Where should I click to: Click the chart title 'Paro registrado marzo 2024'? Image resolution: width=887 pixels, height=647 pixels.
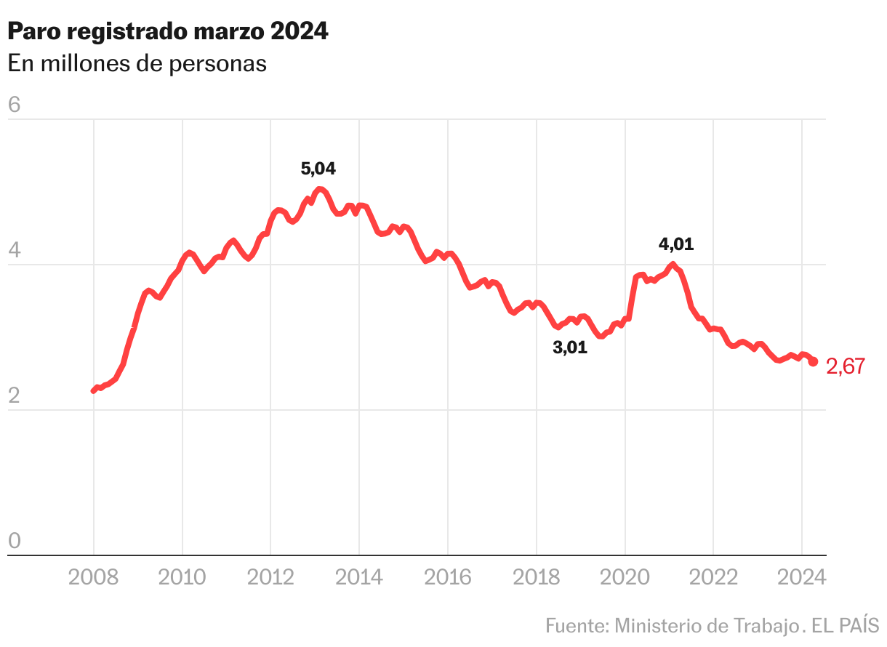[168, 31]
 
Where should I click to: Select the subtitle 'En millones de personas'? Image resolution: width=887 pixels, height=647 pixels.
[137, 64]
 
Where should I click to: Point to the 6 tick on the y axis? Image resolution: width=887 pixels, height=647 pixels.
[14, 105]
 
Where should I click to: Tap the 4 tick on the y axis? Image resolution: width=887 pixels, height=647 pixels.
[14, 252]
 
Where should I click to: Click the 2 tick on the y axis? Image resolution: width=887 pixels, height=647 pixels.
[14, 397]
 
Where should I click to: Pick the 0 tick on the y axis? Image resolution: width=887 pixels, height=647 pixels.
[14, 542]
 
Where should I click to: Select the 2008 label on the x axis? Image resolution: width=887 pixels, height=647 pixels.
[94, 577]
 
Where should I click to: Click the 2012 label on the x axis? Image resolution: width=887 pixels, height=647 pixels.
[270, 577]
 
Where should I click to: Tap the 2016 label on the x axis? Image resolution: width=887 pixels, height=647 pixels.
[448, 577]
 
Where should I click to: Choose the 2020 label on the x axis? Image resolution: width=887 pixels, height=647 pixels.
[625, 577]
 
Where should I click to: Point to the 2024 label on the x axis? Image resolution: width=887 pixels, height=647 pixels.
[801, 577]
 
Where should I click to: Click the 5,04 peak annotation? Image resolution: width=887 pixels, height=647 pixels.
[318, 169]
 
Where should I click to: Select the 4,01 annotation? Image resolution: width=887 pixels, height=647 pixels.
[676, 244]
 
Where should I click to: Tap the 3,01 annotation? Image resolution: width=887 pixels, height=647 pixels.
[570, 348]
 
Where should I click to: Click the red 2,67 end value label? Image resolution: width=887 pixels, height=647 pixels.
[846, 367]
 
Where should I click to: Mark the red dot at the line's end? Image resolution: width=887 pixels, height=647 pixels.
[814, 361]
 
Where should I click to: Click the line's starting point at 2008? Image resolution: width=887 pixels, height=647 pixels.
[94, 390]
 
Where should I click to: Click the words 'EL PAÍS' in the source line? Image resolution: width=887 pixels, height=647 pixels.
[845, 625]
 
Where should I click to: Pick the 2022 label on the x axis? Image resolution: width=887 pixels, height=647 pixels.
[713, 577]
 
